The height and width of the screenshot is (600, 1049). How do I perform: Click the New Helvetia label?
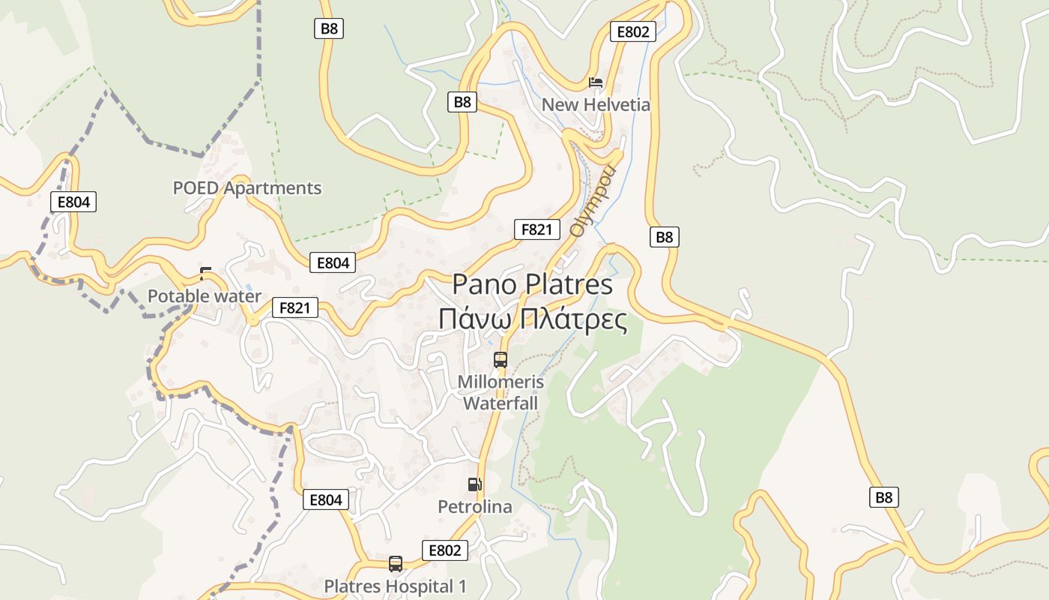click(596, 104)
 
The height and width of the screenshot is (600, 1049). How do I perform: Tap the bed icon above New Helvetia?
click(596, 82)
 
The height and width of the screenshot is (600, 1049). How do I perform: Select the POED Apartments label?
click(247, 188)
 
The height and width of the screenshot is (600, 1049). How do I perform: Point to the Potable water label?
click(205, 296)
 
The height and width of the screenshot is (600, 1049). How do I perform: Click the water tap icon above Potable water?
click(205, 273)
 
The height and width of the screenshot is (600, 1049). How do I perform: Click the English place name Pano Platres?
click(532, 285)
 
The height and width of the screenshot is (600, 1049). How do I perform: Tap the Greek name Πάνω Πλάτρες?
click(532, 319)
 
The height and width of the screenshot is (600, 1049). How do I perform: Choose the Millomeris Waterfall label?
click(501, 393)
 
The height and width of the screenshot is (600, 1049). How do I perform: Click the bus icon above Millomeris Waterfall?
click(501, 360)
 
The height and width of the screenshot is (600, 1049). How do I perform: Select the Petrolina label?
click(475, 507)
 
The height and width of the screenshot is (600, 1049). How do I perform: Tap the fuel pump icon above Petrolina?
click(474, 484)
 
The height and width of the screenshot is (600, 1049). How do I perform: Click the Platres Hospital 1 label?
click(395, 586)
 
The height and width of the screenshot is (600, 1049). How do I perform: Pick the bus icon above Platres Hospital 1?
click(396, 563)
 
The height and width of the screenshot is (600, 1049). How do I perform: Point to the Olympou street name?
click(593, 200)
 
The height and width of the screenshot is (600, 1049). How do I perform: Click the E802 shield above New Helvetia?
click(632, 31)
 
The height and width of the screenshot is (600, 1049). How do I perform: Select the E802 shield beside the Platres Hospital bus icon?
click(444, 550)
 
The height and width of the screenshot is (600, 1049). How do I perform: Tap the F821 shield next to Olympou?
click(537, 229)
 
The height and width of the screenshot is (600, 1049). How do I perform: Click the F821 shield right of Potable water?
click(295, 307)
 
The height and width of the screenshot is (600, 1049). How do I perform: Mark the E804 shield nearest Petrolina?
click(326, 499)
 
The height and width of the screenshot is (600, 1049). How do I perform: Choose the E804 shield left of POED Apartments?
click(73, 202)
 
